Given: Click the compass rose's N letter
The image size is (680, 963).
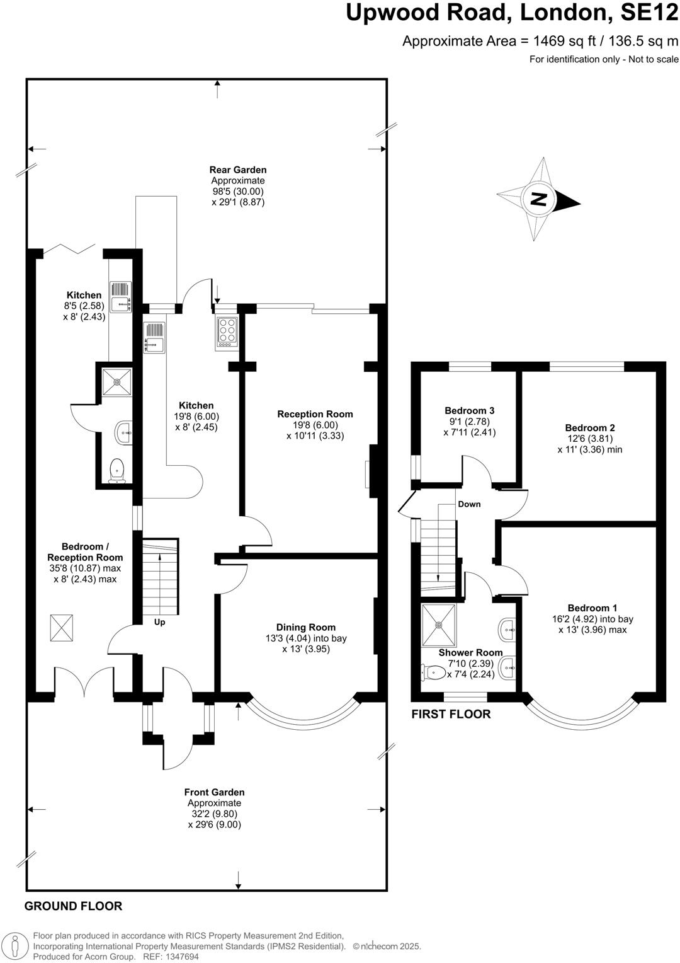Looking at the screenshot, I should point(538,199).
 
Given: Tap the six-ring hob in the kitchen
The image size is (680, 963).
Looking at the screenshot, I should point(227,332).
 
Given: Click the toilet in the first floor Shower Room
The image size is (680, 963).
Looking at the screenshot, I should point(433,673).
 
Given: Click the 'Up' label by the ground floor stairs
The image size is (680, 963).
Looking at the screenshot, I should point(160,622).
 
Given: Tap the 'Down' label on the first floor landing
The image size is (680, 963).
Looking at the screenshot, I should point(469,504).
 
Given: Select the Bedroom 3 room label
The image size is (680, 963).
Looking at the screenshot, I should point(469,410).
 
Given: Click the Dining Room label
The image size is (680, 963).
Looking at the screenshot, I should point(305,627).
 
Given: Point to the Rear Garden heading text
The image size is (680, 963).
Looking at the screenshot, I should point(238,170).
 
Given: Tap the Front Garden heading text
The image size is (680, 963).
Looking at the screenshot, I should point(214,792).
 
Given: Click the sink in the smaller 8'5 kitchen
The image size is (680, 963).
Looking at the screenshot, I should point(120,297).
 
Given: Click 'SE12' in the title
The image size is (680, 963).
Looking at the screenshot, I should point(644,13).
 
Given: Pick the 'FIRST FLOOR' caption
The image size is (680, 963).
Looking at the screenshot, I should point(451,714).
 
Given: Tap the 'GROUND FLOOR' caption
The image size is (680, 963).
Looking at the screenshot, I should point(73,906).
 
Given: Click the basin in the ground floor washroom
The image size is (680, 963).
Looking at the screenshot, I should point(123,432).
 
